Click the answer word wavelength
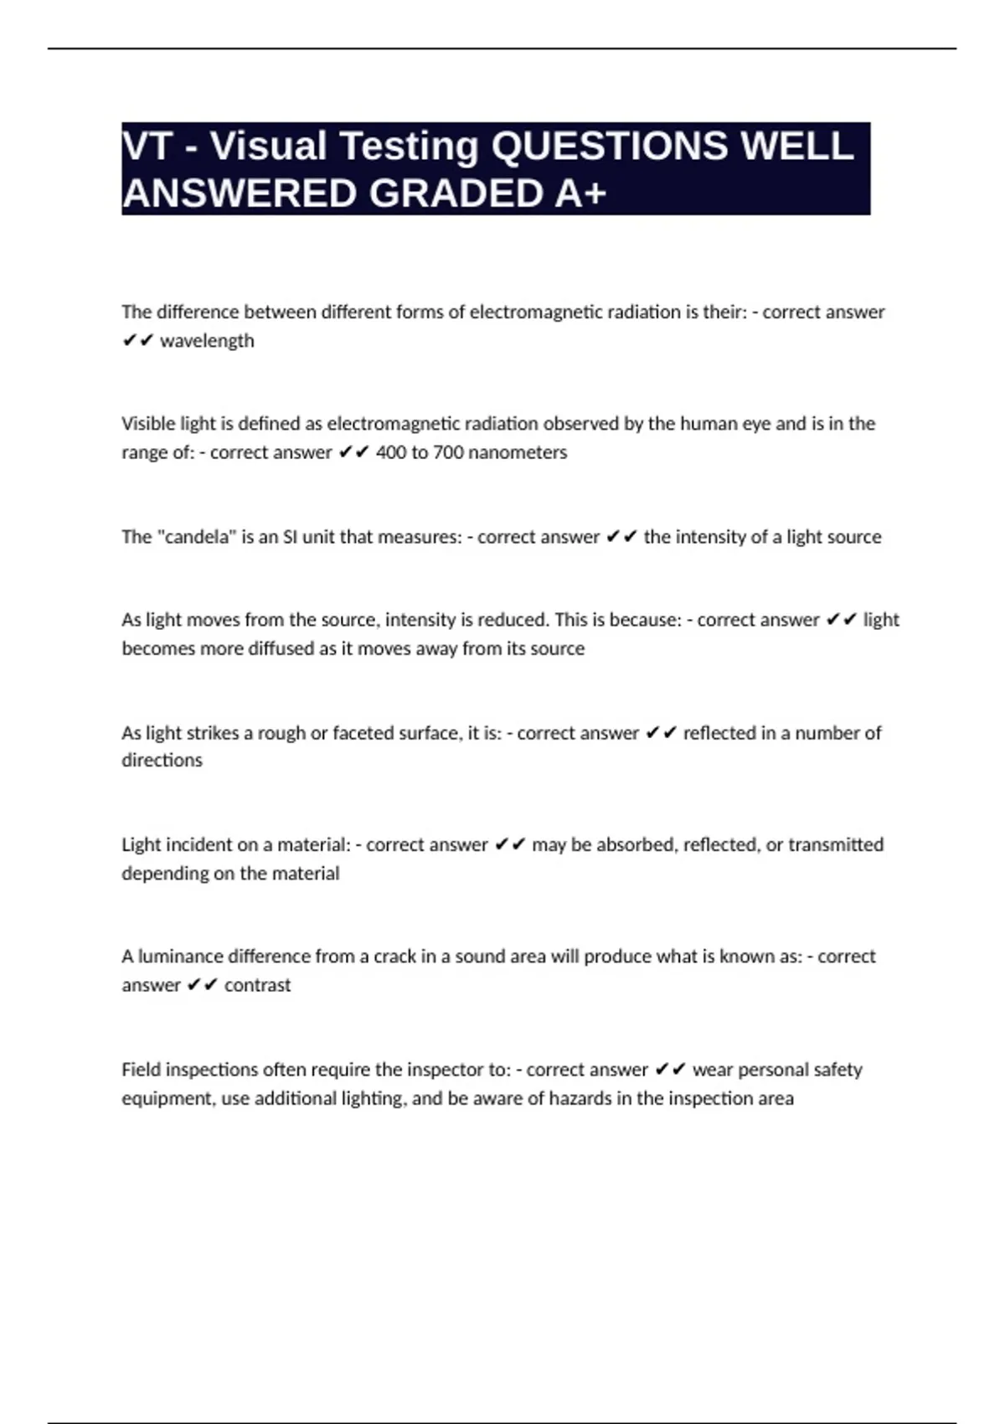coord(207,342)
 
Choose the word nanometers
coord(518,453)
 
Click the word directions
coord(162,761)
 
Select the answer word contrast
coord(257,985)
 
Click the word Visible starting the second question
coord(148,424)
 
